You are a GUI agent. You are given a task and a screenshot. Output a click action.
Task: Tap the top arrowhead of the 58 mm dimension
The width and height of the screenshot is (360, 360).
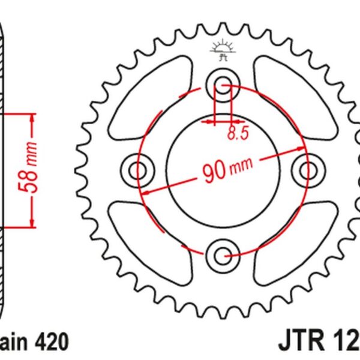click(x=30, y=115)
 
